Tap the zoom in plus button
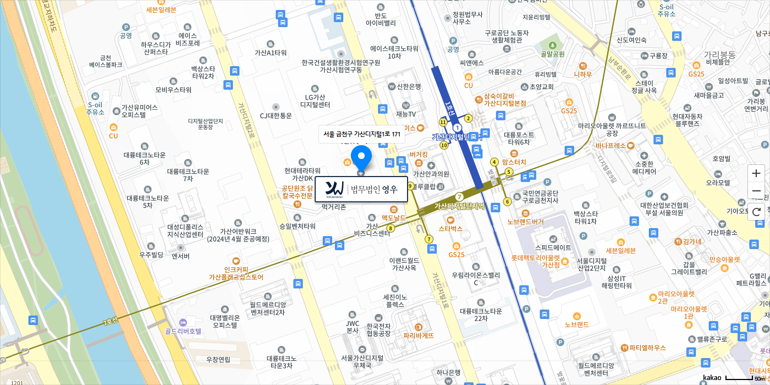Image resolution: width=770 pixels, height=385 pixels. click(756, 173)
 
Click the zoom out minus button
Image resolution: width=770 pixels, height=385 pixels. click(756, 191)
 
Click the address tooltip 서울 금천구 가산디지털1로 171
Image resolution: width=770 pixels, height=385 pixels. click(361, 134)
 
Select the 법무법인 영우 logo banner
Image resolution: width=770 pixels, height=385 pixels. click(361, 189)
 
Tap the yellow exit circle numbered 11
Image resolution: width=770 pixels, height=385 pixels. click(443, 122)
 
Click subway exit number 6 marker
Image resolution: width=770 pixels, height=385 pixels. click(507, 202)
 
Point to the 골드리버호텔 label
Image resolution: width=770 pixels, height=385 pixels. click(183, 331)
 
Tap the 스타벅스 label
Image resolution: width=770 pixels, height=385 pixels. click(450, 228)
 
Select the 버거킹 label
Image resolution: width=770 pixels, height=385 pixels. click(419, 155)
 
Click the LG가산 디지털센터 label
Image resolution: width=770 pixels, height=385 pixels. click(315, 101)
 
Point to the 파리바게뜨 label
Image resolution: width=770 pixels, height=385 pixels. click(419, 335)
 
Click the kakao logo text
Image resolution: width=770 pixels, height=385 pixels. click(712, 378)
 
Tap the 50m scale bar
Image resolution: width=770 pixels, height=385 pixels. click(740, 378)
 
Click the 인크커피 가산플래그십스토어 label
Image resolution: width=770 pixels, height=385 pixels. click(236, 273)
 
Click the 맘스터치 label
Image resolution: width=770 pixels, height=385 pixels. click(514, 162)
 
